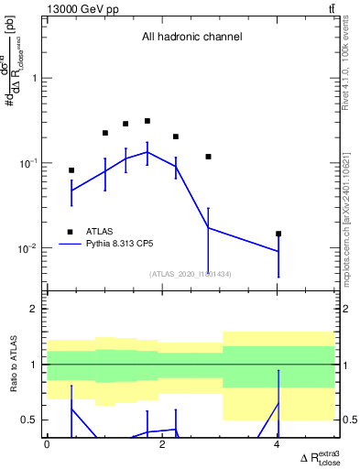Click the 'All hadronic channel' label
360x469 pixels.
click(191, 38)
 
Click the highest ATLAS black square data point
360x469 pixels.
click(147, 121)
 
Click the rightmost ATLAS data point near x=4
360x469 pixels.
click(278, 234)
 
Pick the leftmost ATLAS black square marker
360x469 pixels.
click(71, 170)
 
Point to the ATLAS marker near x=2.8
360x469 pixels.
click(209, 157)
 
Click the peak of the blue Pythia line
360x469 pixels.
click(147, 152)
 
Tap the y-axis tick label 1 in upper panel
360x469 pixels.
click(36, 78)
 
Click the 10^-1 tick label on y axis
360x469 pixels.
click(31, 163)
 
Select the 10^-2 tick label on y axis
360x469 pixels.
click(31, 248)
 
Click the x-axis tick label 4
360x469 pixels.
click(278, 444)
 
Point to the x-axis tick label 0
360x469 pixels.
click(47, 444)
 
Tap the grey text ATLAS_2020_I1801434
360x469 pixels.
click(191, 273)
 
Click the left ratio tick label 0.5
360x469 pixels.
click(34, 420)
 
